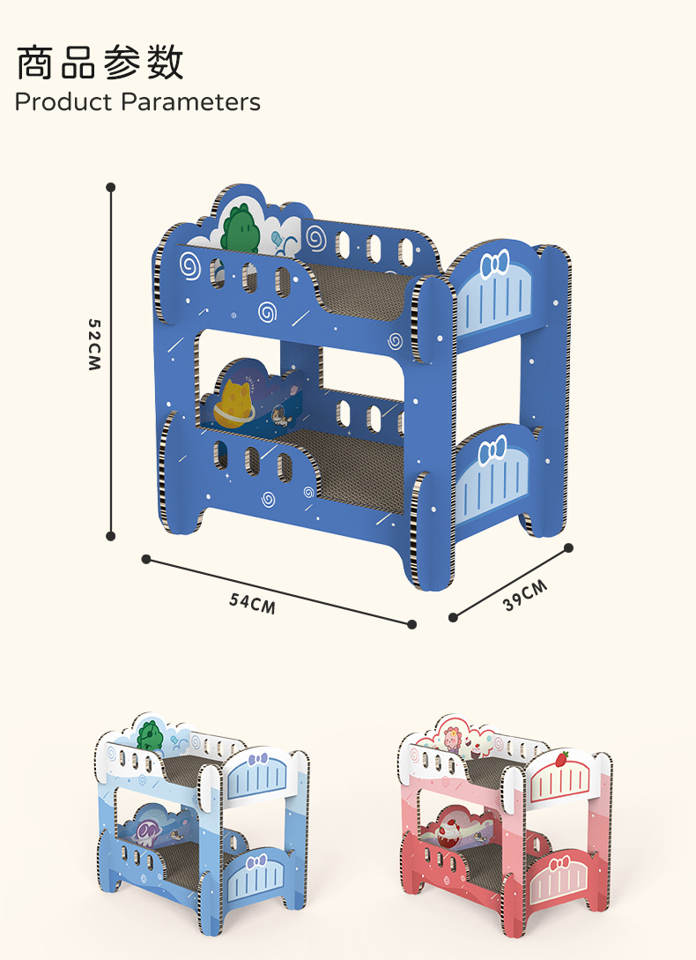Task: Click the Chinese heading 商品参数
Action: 100,63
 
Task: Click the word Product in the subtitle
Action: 63,101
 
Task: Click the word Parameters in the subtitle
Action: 190,101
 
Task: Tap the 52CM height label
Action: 93,345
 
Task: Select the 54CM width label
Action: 252,603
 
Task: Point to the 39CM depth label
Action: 524,596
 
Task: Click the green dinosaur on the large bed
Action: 241,228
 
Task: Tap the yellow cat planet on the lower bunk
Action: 236,404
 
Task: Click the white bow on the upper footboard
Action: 494,264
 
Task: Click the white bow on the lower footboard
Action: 492,450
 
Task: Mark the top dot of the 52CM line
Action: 111,188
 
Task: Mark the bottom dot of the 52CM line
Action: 111,536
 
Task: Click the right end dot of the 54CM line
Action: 412,624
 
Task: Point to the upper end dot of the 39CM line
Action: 568,548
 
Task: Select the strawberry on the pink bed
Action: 561,759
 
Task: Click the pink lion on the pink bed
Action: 452,739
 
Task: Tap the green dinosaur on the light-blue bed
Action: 151,735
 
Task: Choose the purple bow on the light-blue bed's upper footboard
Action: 258,760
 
